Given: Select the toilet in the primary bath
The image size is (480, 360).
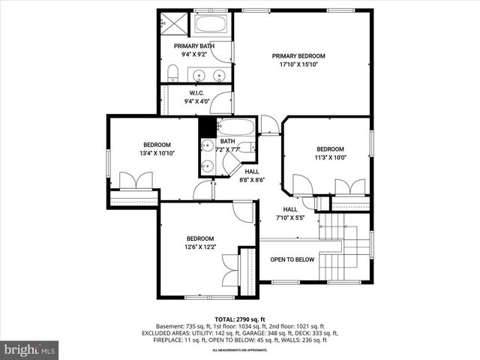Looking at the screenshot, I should pyautogui.click(x=172, y=73).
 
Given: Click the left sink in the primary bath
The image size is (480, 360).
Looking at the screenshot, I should pyautogui.click(x=199, y=74).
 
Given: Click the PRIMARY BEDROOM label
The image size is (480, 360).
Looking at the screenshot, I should pyautogui.click(x=298, y=55).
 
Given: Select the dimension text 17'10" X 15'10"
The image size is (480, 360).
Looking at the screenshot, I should pyautogui.click(x=298, y=64).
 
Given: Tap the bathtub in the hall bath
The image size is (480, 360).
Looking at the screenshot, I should pyautogui.click(x=235, y=126).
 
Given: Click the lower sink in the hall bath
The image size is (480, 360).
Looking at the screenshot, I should pyautogui.click(x=206, y=165).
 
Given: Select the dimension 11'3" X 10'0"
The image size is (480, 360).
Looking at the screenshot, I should pyautogui.click(x=329, y=157).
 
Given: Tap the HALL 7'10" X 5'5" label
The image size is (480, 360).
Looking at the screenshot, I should pyautogui.click(x=289, y=214).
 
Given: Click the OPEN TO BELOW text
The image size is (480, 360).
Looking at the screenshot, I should pyautogui.click(x=292, y=259).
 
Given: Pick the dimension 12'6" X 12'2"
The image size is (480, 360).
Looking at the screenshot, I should pyautogui.click(x=200, y=247).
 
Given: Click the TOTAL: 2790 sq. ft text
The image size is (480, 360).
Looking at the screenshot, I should pyautogui.click(x=239, y=319).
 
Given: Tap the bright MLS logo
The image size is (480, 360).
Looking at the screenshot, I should pyautogui.click(x=30, y=349).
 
